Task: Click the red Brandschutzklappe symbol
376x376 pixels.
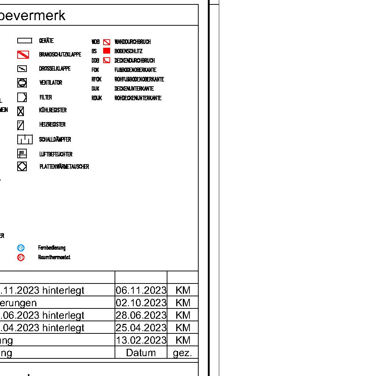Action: [23, 55]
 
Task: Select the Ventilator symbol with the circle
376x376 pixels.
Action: [22, 83]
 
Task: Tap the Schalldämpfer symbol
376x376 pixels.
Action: [25, 140]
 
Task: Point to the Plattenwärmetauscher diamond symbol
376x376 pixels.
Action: [22, 167]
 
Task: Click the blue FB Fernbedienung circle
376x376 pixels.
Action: [21, 248]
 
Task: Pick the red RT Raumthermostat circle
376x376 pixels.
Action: [21, 257]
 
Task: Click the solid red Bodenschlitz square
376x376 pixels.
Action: [106, 51]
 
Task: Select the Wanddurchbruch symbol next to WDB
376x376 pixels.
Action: [106, 42]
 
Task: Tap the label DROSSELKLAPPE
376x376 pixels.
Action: [55, 69]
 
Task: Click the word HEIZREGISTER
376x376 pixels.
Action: [52, 125]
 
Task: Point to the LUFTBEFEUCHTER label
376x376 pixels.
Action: [56, 154]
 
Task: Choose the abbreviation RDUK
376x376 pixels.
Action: [97, 98]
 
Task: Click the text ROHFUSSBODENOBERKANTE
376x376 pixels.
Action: [139, 79]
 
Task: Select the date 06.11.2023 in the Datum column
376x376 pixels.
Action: [141, 290]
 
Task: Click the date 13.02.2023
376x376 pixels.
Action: [141, 340]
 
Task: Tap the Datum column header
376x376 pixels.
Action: [141, 353]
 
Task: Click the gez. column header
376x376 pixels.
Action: [182, 353]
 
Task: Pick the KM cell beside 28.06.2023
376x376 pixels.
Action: [183, 315]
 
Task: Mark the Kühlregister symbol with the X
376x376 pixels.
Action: [21, 111]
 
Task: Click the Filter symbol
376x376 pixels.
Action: [22, 97]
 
